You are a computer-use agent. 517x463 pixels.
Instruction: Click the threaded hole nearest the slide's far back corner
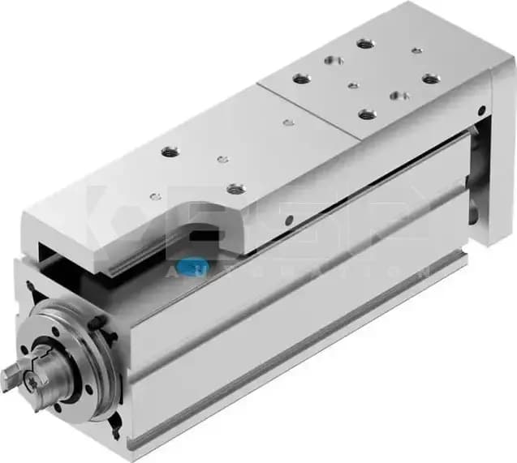[x=365, y=43]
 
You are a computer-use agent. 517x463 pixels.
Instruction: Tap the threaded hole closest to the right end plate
[x=430, y=79]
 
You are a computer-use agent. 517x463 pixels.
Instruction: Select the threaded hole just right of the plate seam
[x=300, y=79]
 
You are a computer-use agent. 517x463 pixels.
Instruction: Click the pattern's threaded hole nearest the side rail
[x=367, y=114]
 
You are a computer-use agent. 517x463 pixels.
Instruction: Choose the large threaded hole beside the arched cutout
[x=235, y=189]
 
